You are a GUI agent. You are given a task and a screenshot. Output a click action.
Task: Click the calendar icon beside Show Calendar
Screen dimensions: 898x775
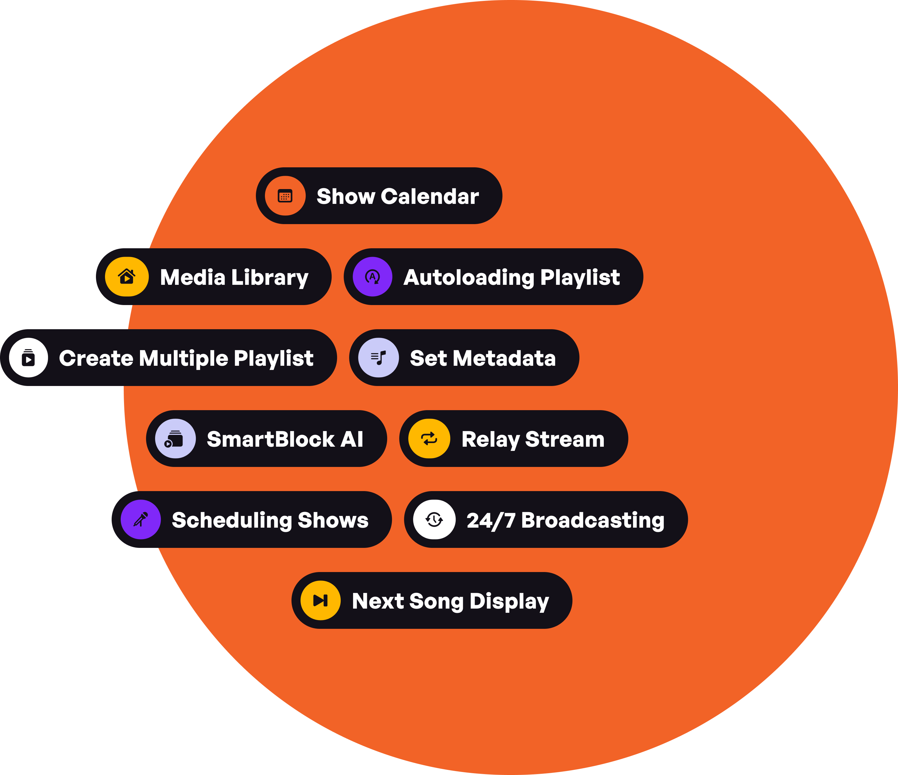(x=285, y=196)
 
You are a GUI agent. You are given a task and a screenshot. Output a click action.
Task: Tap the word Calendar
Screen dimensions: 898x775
(x=430, y=196)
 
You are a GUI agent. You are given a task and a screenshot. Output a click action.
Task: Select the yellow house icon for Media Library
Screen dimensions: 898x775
(x=127, y=277)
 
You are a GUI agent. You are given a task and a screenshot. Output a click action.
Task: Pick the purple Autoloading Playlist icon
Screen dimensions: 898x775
(x=373, y=277)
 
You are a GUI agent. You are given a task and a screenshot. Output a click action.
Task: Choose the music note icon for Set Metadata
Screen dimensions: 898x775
(x=378, y=358)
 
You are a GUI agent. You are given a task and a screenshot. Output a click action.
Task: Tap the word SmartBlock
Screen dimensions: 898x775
(x=271, y=439)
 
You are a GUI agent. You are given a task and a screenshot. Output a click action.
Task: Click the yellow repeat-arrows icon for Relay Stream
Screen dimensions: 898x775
(x=429, y=439)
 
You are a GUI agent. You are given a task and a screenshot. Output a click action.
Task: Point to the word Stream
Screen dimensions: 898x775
(x=565, y=439)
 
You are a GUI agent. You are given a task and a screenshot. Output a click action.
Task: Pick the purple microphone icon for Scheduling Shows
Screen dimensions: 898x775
(x=141, y=519)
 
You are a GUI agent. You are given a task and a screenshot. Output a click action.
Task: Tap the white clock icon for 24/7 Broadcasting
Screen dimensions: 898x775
(x=434, y=519)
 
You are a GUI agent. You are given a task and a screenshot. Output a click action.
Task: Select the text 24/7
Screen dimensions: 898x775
(x=491, y=520)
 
